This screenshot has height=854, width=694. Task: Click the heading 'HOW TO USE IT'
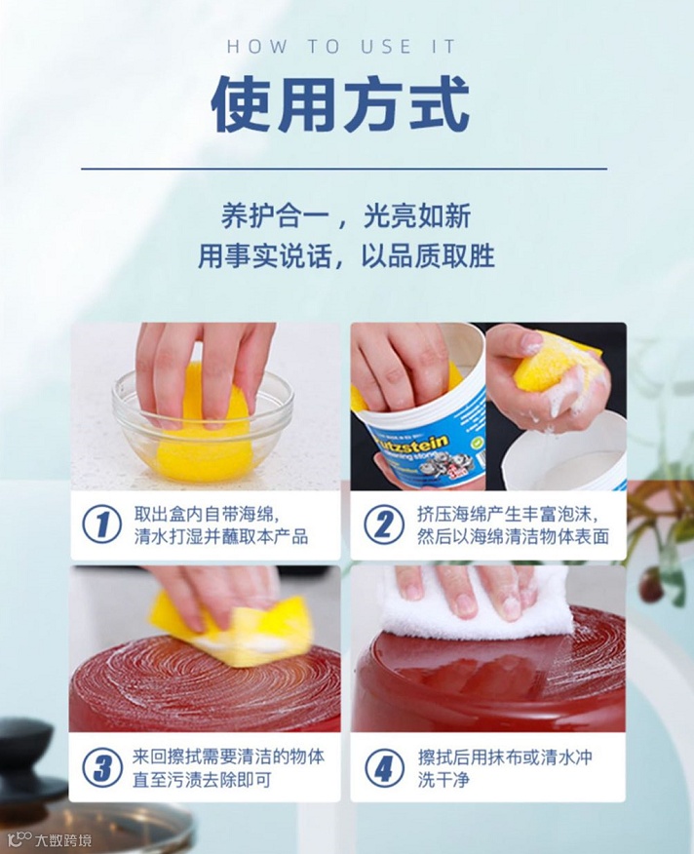pos(341,47)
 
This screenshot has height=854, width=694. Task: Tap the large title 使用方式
pos(340,104)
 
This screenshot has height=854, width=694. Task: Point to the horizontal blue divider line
pos(344,169)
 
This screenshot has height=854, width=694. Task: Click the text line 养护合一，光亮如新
pos(346,215)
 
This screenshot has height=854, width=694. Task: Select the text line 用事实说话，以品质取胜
pos(346,255)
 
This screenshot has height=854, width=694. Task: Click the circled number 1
pos(102,525)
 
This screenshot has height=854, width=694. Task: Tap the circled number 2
pos(384,525)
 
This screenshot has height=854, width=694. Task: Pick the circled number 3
pos(102,767)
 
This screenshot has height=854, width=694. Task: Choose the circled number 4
pos(384,767)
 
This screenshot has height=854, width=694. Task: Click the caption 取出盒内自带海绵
pos(206,514)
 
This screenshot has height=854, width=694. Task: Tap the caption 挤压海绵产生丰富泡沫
pos(507,514)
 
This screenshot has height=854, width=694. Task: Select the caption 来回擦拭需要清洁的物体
pos(229,757)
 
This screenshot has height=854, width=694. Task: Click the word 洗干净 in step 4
pos(443,779)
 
